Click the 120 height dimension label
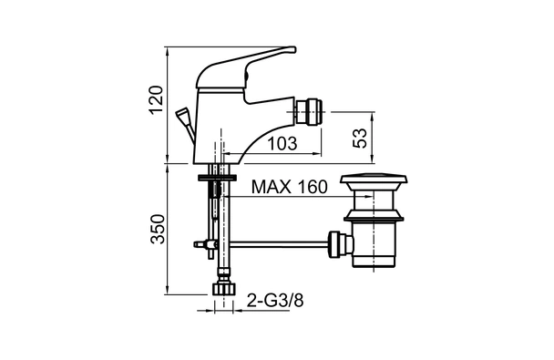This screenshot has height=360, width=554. click(x=156, y=99)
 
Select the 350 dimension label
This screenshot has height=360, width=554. click(x=158, y=229)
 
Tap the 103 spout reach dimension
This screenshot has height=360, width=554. click(x=282, y=143)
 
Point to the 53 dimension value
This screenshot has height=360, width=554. click(x=360, y=139)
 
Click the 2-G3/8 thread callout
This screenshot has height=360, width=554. click(x=275, y=301)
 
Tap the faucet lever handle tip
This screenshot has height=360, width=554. click(x=292, y=49)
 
